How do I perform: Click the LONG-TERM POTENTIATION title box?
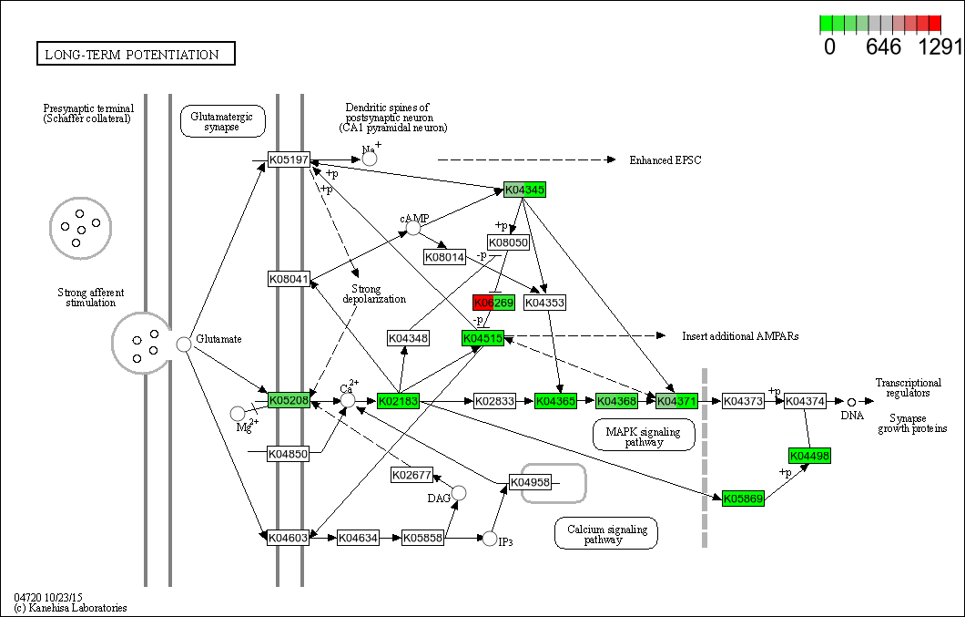click(x=136, y=55)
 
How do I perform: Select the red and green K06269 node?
click(x=494, y=303)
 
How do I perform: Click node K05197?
click(x=289, y=160)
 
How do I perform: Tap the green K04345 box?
click(x=524, y=190)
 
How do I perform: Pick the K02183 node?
click(x=398, y=400)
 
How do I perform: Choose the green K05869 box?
click(x=743, y=499)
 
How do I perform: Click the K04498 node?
click(x=809, y=456)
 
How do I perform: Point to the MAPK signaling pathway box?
click(x=644, y=435)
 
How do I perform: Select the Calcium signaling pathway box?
click(x=606, y=534)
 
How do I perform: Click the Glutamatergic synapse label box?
click(x=222, y=120)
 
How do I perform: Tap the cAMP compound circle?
click(x=413, y=227)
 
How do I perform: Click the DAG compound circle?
click(x=459, y=493)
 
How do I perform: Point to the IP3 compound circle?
click(x=490, y=539)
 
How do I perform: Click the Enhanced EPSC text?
click(x=665, y=160)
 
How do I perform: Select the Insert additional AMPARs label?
click(x=740, y=336)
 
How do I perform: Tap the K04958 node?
click(x=530, y=482)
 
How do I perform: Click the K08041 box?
click(x=289, y=278)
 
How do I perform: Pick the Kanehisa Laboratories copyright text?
click(x=70, y=608)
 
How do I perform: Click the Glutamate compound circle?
click(x=184, y=344)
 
